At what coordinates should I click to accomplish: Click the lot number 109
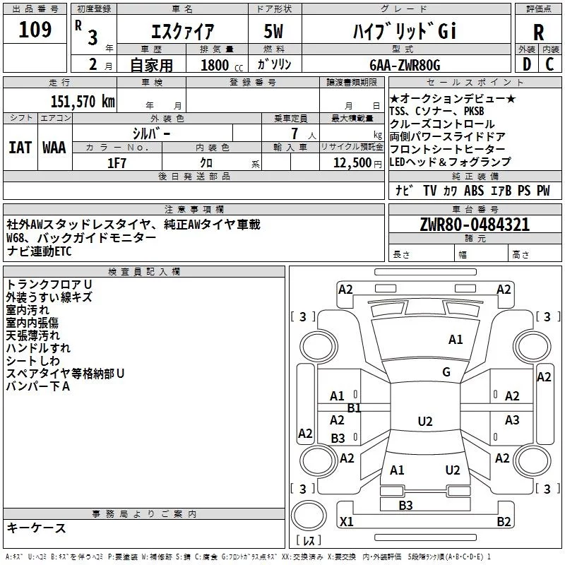pyautogui.click(x=35, y=30)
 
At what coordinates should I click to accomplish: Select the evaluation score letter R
pyautogui.click(x=539, y=32)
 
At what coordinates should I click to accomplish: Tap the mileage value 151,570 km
pyautogui.click(x=83, y=102)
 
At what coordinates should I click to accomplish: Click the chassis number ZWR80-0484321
pyautogui.click(x=474, y=225)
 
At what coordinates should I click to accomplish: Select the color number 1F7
pyautogui.click(x=117, y=162)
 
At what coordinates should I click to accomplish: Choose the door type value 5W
pyautogui.click(x=275, y=31)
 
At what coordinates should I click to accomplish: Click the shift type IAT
pyautogui.click(x=20, y=147)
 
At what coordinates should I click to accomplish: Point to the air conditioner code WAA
pyautogui.click(x=54, y=147)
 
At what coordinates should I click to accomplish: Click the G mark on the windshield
pyautogui.click(x=446, y=372)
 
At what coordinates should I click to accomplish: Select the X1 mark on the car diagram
pyautogui.click(x=346, y=522)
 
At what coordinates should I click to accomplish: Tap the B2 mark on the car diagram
pyautogui.click(x=504, y=522)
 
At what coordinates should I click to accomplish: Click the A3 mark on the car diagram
pyautogui.click(x=512, y=420)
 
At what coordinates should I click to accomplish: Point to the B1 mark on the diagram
pyautogui.click(x=354, y=408)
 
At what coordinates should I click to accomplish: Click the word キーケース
pyautogui.click(x=37, y=528)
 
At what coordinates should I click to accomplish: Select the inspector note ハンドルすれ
pyautogui.click(x=38, y=348)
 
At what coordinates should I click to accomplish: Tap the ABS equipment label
pyautogui.click(x=474, y=190)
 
